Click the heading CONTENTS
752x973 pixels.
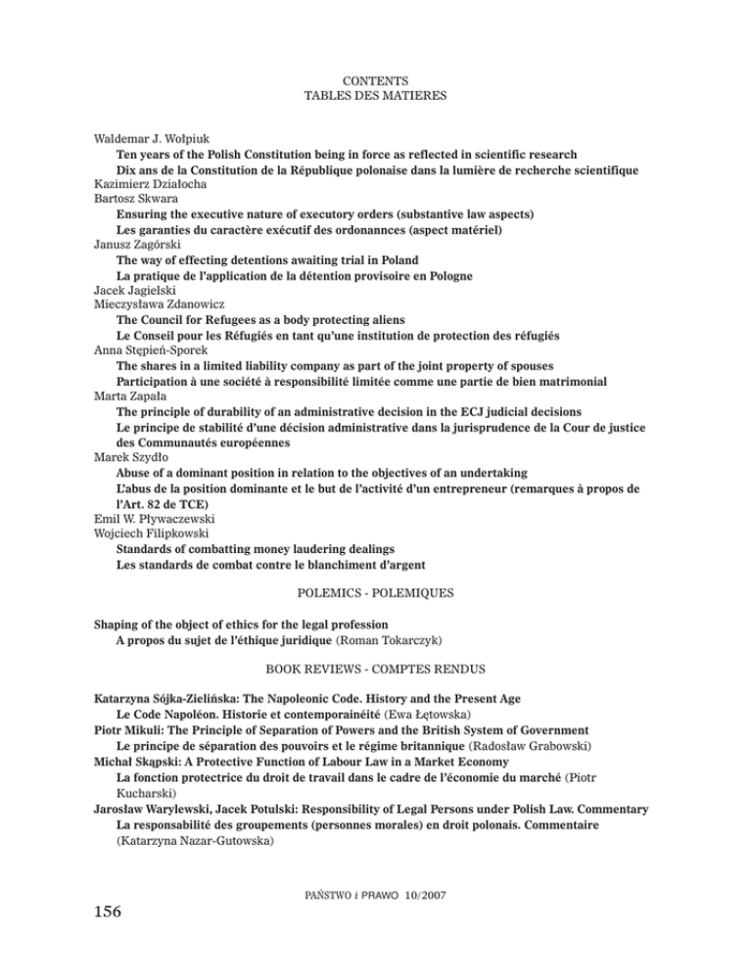[x=376, y=79]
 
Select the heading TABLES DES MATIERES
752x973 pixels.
[x=376, y=96]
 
